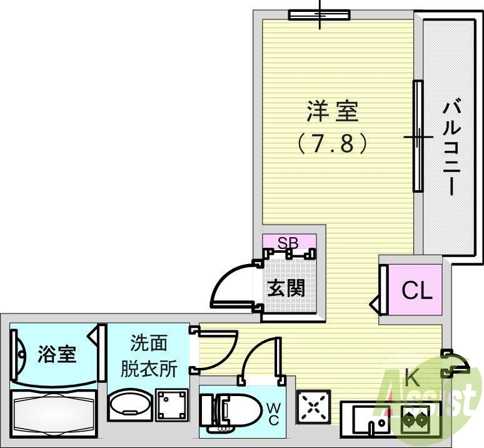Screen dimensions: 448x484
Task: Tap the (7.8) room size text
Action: pyautogui.click(x=332, y=144)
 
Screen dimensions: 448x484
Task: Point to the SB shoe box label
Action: pyautogui.click(x=289, y=241)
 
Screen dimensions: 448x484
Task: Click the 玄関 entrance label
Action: pyautogui.click(x=287, y=288)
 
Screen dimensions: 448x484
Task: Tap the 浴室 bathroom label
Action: pyautogui.click(x=57, y=354)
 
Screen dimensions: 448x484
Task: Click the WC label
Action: pyautogui.click(x=274, y=414)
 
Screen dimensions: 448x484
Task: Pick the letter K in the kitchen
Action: pyautogui.click(x=411, y=377)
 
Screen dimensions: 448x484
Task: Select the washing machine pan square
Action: pyautogui.click(x=172, y=405)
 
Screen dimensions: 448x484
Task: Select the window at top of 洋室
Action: pyautogui.click(x=318, y=15)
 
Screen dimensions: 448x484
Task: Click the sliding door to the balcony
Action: pyautogui.click(x=418, y=136)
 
